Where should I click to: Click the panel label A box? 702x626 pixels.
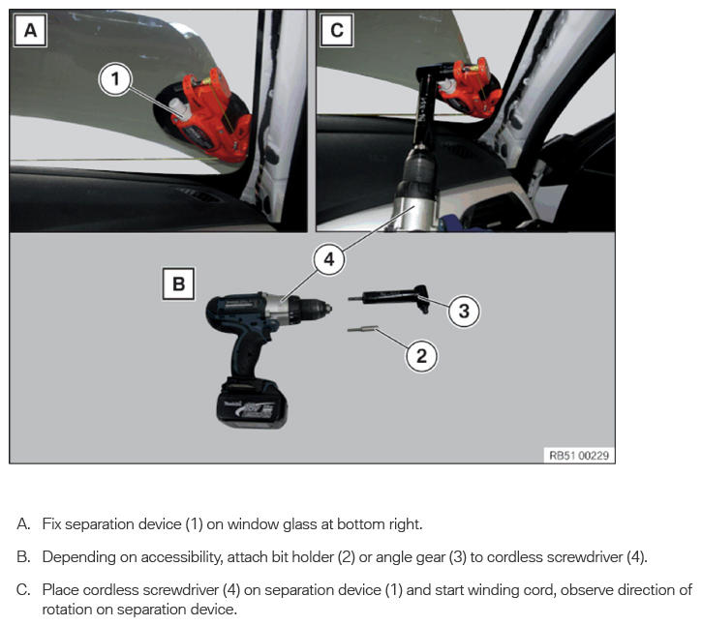(x=30, y=30)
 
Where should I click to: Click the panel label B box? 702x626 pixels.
(x=178, y=283)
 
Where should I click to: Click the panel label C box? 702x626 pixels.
(x=337, y=30)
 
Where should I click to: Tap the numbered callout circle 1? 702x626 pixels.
(x=115, y=79)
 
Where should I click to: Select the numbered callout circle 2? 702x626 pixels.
(x=422, y=356)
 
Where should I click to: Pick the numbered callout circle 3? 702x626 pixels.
(x=464, y=311)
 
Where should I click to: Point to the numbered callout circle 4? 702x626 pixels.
(x=329, y=259)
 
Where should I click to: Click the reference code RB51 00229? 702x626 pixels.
(x=579, y=456)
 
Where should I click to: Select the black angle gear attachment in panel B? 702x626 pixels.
(x=389, y=298)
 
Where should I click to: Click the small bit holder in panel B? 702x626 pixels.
(x=363, y=329)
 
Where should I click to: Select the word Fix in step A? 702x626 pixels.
(x=51, y=524)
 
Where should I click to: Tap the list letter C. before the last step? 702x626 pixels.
(x=23, y=590)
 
